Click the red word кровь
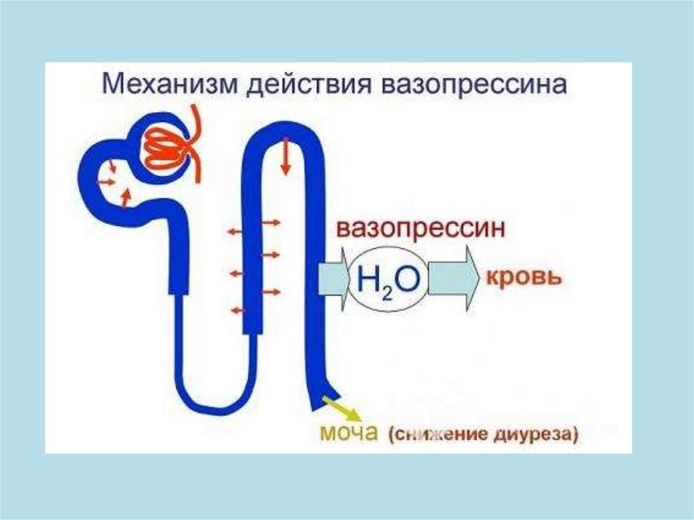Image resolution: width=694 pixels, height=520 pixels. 520,277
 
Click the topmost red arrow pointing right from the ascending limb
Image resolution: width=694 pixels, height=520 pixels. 271,222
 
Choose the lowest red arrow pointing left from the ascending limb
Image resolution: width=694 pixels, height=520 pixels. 236,311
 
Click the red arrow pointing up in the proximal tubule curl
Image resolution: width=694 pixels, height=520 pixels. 125,197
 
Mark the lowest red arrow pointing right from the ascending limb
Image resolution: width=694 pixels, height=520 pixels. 271,292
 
